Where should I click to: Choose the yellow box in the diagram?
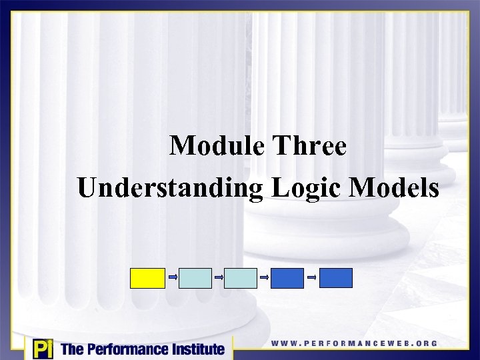coord(147,278)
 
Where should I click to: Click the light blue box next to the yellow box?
coord(195,278)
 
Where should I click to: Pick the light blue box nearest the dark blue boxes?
coord(240,278)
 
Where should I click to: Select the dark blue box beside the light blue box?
coord(287,278)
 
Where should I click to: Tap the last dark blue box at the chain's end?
coord(335,278)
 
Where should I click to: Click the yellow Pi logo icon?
coord(42,349)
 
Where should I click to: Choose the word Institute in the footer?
coord(194,349)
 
